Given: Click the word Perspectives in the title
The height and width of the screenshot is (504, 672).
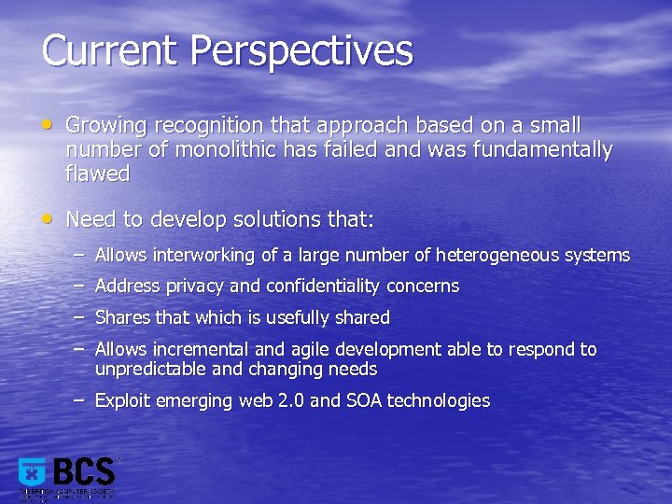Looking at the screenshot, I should pyautogui.click(x=301, y=50).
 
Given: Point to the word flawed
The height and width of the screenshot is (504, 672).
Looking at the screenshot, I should pyautogui.click(x=97, y=174).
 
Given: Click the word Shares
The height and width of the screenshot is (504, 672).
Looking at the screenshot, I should pyautogui.click(x=123, y=317).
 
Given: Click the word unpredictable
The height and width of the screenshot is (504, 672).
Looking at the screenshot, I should pyautogui.click(x=151, y=369).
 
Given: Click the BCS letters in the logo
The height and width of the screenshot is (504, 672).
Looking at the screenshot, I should pyautogui.click(x=83, y=472).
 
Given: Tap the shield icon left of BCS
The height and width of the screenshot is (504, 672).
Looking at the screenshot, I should pyautogui.click(x=33, y=473).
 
